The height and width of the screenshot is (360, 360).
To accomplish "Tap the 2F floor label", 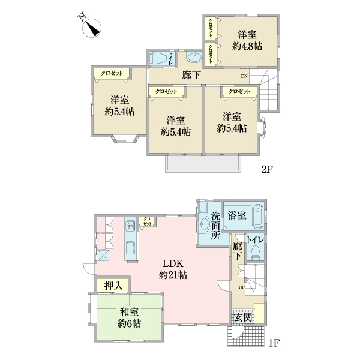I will click(x=267, y=169).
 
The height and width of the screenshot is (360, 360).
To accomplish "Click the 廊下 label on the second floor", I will click(x=191, y=76).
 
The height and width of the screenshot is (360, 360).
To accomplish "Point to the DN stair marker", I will click(x=244, y=77).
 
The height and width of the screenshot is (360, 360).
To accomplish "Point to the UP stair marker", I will click(x=242, y=287).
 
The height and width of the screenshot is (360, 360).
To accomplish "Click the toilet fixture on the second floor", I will click(x=158, y=58).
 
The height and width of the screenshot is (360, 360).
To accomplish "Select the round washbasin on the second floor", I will click(x=194, y=58).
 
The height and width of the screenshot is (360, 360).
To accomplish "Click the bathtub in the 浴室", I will click(x=259, y=217).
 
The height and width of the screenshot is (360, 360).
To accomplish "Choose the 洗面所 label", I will click(x=215, y=226).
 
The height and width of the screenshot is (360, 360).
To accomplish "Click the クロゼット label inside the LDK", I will click(x=146, y=221).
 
